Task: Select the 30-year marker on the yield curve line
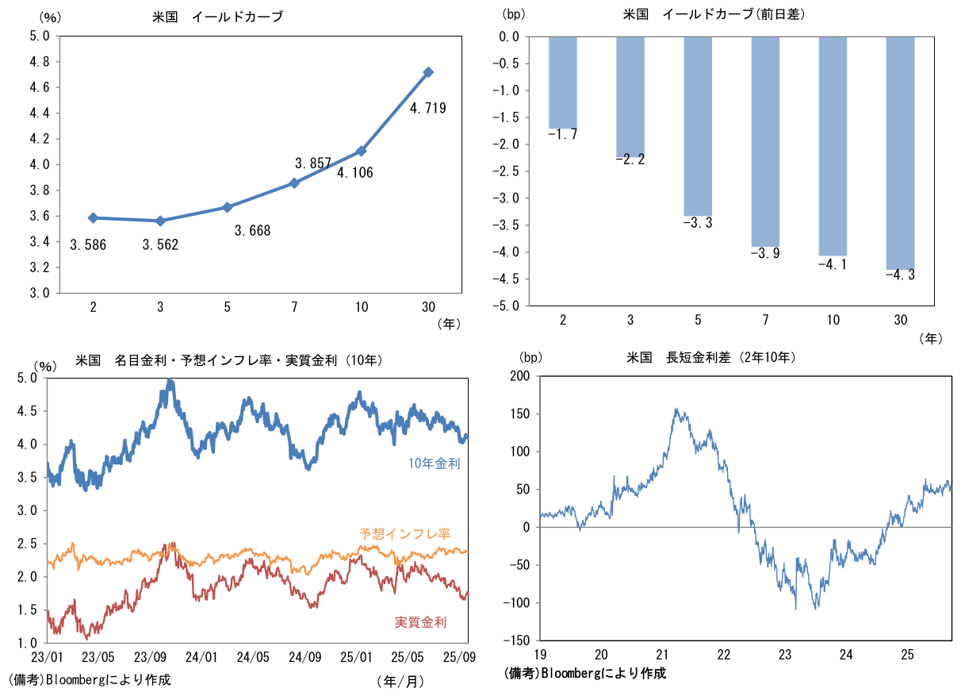[429, 72]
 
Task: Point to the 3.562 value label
[160, 245]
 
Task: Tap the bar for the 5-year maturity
[698, 126]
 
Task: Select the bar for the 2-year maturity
[563, 83]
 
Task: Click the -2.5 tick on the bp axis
[506, 171]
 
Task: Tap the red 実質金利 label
[420, 622]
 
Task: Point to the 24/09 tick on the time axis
[304, 657]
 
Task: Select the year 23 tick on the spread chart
[785, 655]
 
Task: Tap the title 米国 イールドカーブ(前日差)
[714, 15]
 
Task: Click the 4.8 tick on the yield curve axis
[40, 62]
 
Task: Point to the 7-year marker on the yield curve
[295, 183]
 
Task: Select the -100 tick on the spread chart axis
[515, 603]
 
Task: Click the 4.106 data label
[355, 173]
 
